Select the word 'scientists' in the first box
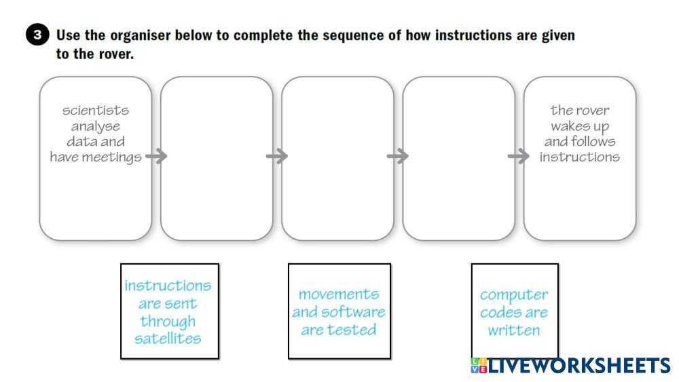96,110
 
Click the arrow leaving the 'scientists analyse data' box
156,157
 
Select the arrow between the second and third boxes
277,157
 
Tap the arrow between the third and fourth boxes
398,157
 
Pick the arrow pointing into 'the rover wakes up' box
519,157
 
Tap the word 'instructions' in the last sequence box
580,157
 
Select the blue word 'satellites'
168,339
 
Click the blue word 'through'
168,321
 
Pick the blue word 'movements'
339,294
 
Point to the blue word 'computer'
514,295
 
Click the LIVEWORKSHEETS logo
570,366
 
